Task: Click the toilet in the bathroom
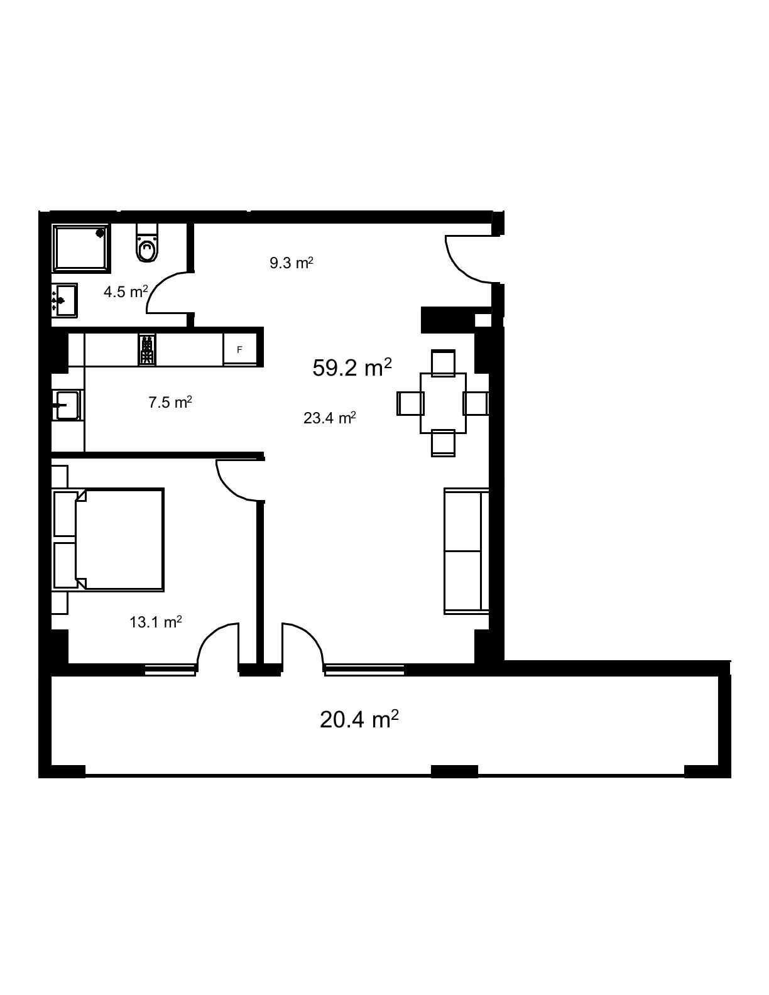click(146, 242)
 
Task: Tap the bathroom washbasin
click(65, 300)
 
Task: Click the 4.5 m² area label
click(126, 291)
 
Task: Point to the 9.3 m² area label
click(292, 263)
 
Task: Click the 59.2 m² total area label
click(352, 367)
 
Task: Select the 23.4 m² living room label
click(330, 418)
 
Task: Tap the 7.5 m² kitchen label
click(170, 402)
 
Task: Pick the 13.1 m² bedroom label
click(156, 622)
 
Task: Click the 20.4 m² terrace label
click(359, 719)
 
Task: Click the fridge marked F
click(239, 350)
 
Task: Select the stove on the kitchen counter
click(147, 349)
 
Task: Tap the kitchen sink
click(67, 405)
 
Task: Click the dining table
click(444, 403)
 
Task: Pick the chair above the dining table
click(444, 363)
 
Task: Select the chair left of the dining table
click(410, 403)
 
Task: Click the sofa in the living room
click(466, 551)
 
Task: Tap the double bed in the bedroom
click(109, 540)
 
